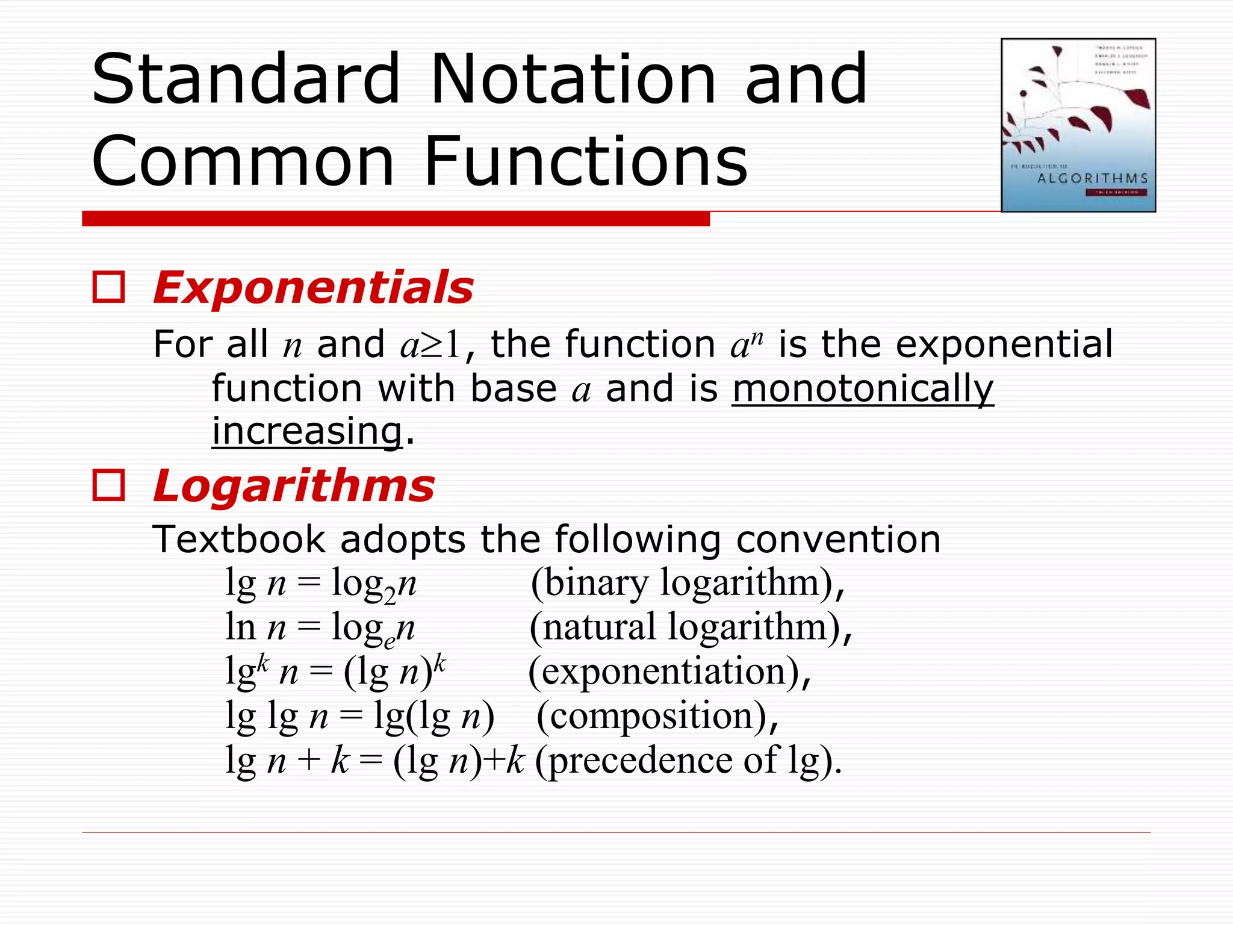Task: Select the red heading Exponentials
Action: pyautogui.click(x=313, y=288)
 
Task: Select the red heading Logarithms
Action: pyautogui.click(x=294, y=486)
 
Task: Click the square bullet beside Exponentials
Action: pyautogui.click(x=109, y=287)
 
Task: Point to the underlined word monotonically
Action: pyautogui.click(x=863, y=388)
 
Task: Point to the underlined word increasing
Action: pyautogui.click(x=307, y=431)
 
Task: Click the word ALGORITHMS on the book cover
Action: pyautogui.click(x=1092, y=178)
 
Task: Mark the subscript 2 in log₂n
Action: pyautogui.click(x=390, y=596)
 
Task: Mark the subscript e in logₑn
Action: pyautogui.click(x=390, y=641)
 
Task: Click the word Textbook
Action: pyautogui.click(x=238, y=539)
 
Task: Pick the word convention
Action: pyautogui.click(x=838, y=539)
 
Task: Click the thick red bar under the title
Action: pyautogui.click(x=396, y=219)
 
